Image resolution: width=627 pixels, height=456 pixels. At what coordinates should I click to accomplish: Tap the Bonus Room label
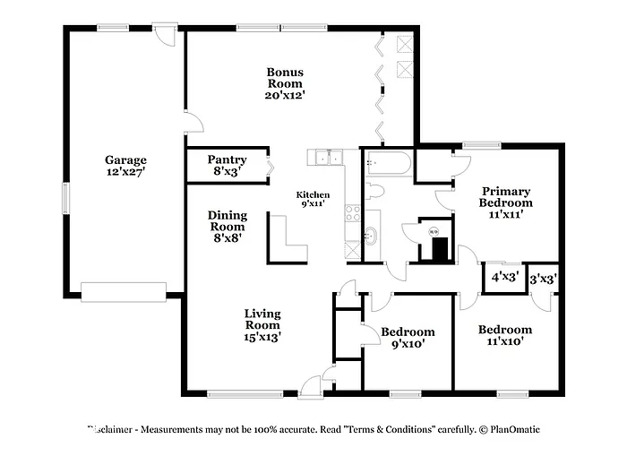(286, 83)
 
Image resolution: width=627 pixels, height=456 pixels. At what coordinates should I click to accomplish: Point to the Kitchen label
(313, 199)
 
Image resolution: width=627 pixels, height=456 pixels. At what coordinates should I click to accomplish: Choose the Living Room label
(262, 325)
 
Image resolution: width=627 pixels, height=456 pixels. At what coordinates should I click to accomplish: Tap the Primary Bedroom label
(506, 202)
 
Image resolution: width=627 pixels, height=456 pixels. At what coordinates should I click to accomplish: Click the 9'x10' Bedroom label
(408, 337)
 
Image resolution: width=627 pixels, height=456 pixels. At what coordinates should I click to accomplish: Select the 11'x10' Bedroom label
(504, 335)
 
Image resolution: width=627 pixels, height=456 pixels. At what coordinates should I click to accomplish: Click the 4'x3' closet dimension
(505, 278)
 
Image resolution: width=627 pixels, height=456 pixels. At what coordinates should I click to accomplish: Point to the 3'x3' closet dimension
(543, 279)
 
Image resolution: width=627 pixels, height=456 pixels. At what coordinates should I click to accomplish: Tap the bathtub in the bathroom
(389, 165)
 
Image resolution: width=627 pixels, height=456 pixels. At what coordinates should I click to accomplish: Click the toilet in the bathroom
(374, 191)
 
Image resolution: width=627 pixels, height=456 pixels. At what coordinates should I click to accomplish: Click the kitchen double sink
(330, 158)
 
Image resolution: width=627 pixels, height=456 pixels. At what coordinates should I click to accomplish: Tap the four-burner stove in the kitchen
(353, 213)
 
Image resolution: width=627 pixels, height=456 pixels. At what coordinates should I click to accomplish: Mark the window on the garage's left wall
(64, 195)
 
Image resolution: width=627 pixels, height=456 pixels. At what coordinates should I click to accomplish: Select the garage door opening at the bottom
(123, 290)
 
